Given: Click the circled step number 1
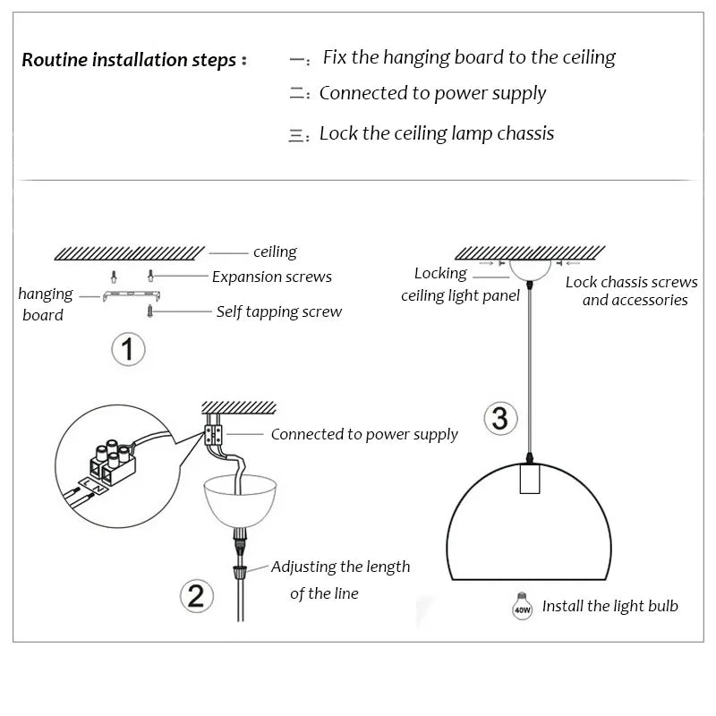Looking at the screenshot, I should [x=127, y=348].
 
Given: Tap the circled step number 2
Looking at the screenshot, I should [x=197, y=595].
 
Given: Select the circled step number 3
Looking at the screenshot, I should [x=500, y=418].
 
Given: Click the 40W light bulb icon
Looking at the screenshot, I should [x=521, y=606].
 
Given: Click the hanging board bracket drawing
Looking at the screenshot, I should [x=132, y=295].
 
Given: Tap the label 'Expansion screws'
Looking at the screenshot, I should [x=271, y=277].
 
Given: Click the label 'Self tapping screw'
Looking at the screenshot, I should [x=279, y=311].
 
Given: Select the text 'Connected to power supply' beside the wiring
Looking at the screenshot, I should [x=364, y=434].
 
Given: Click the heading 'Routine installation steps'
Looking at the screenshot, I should [x=129, y=61].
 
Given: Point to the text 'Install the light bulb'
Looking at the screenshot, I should [x=610, y=606].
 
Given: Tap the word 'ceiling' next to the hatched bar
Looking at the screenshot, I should [x=275, y=252].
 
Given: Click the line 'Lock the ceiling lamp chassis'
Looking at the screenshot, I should [x=437, y=133].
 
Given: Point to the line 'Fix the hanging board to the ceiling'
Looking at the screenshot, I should [x=469, y=58].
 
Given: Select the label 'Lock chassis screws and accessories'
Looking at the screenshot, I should [x=632, y=291].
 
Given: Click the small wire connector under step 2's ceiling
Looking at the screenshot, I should [x=213, y=435].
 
